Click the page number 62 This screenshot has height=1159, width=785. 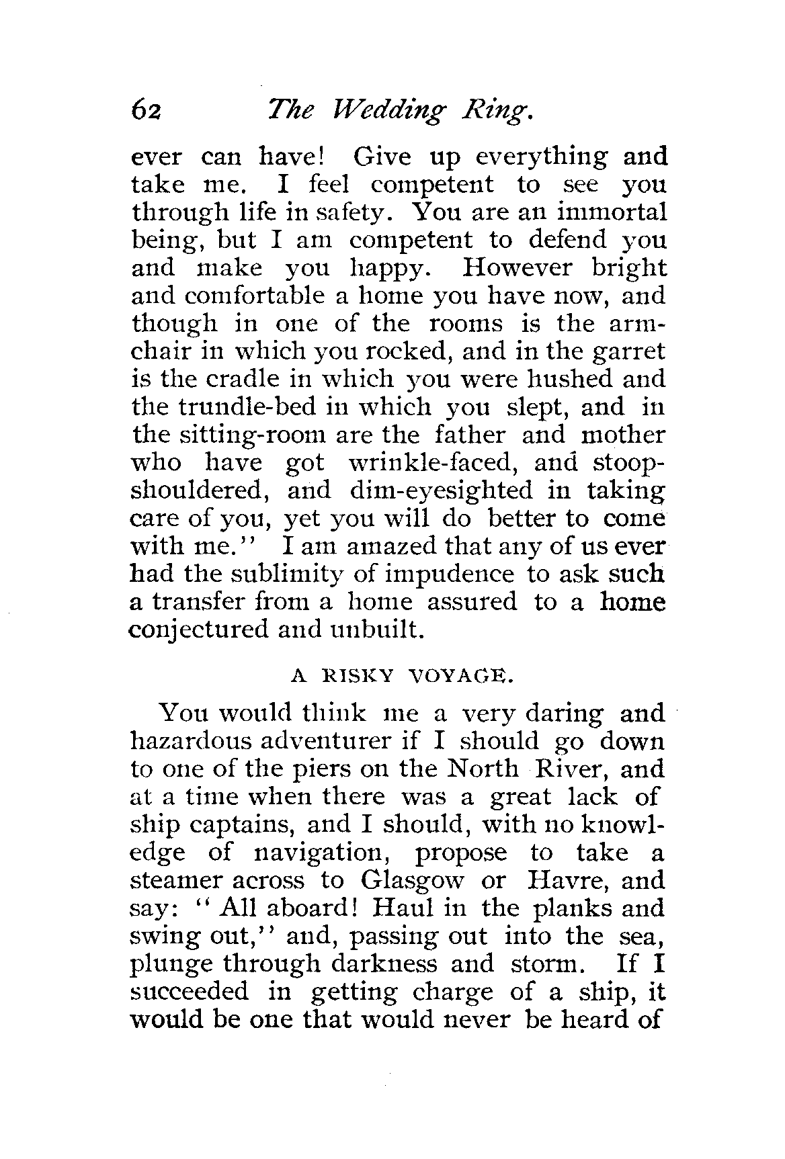pyautogui.click(x=147, y=108)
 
